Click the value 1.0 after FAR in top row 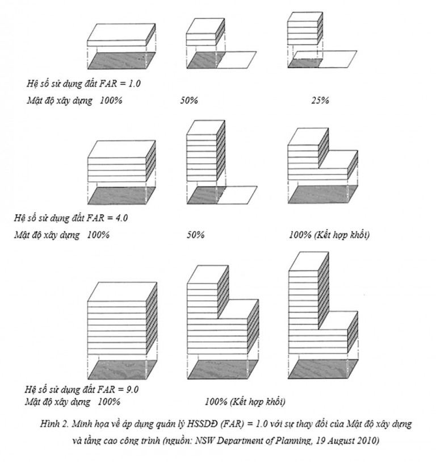click(135, 84)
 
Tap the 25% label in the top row click(320, 101)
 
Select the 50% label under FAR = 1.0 click(189, 101)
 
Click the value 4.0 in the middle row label click(121, 218)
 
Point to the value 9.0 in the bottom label click(132, 389)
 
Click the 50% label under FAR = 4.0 click(196, 235)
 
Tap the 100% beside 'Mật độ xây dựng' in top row click(111, 101)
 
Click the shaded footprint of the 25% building click(305, 63)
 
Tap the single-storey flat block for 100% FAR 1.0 click(121, 35)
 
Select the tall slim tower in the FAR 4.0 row click(206, 151)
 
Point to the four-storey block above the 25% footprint click(305, 28)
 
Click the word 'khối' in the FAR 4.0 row click(360, 235)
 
